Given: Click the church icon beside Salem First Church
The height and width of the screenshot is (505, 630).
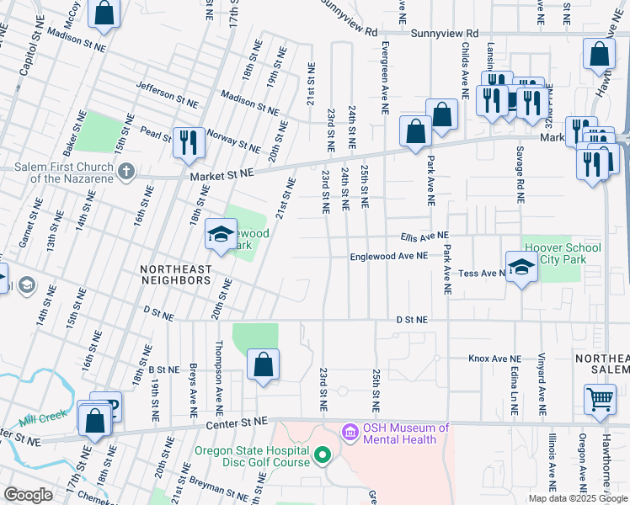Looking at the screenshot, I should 126,173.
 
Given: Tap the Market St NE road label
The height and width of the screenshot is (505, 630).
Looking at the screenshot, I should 222,173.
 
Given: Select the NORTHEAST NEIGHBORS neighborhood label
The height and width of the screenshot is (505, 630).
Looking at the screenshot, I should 175,274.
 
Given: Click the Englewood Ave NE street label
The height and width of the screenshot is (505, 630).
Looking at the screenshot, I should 389,257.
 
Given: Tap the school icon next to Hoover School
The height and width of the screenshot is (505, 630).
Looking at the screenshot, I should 521,267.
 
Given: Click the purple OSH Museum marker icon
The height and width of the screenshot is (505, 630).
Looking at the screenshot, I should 350,433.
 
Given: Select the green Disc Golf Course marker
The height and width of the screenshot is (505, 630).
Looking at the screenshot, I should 321,456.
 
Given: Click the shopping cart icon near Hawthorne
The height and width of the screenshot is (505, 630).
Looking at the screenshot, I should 599,399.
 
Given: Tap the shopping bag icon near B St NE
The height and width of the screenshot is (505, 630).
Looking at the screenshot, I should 263,364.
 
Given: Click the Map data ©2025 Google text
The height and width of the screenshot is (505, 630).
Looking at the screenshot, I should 578,498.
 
